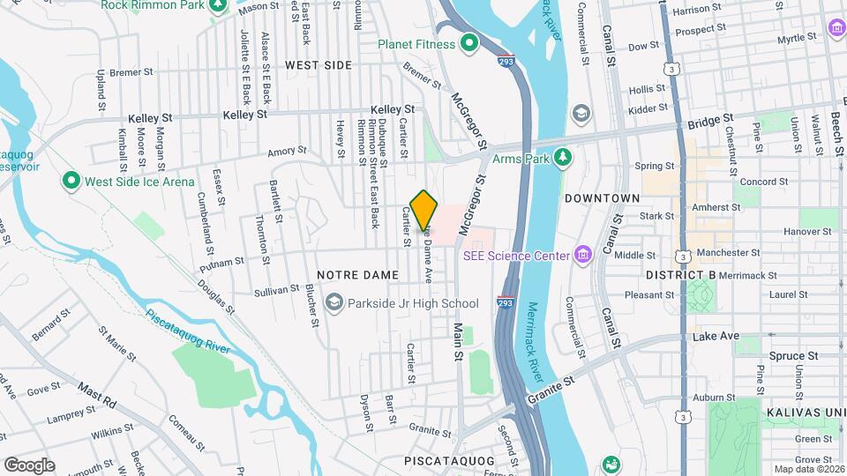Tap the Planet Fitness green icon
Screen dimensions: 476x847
(469, 43)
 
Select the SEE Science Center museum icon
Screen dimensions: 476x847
(581, 256)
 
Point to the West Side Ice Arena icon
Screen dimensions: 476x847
(71, 182)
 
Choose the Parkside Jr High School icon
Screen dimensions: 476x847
(334, 303)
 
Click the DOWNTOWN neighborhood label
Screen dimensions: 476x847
(602, 198)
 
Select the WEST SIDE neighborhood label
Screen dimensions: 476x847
(319, 65)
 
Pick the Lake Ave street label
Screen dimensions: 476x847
(716, 337)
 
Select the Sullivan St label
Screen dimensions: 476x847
(276, 289)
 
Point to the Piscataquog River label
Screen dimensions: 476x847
(188, 331)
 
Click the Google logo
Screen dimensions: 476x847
(29, 465)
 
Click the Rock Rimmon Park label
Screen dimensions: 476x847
(152, 5)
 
